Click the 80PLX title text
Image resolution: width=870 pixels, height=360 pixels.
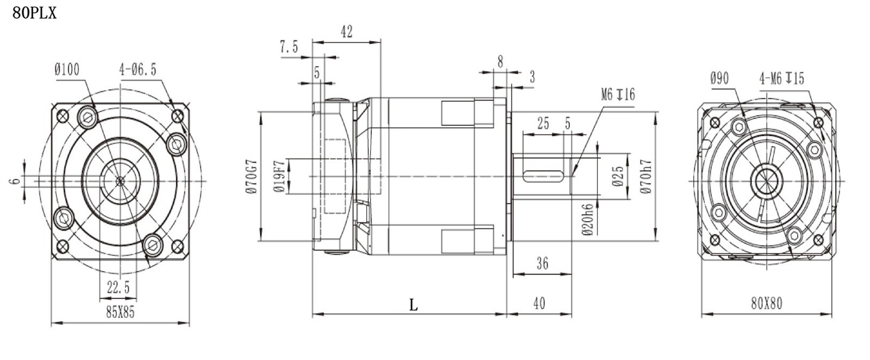pos(34,13)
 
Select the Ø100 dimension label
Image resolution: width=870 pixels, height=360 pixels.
pos(67,70)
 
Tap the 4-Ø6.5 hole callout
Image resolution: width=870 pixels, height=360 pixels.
pos(138,70)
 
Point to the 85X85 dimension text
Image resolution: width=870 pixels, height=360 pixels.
pos(120,312)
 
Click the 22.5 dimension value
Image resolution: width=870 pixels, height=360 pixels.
pos(118,288)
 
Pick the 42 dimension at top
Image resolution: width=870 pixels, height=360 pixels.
pos(346,32)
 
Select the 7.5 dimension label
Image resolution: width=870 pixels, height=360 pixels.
pos(289,47)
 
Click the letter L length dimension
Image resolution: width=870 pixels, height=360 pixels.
pos(413,306)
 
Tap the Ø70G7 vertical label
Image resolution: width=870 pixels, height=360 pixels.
pos(252,176)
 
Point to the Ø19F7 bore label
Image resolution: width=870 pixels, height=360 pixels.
pos(279,177)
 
